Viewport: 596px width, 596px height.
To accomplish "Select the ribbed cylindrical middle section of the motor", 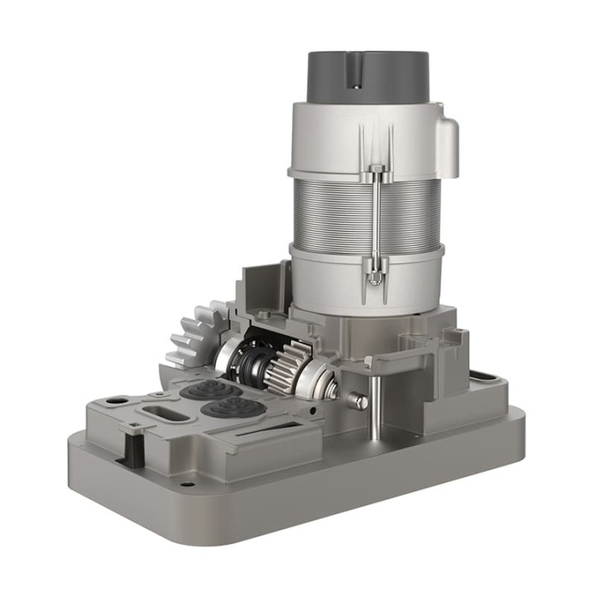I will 364,211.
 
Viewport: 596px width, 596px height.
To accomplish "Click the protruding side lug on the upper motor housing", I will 448,147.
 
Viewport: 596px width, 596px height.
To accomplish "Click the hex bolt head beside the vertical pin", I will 357,401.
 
